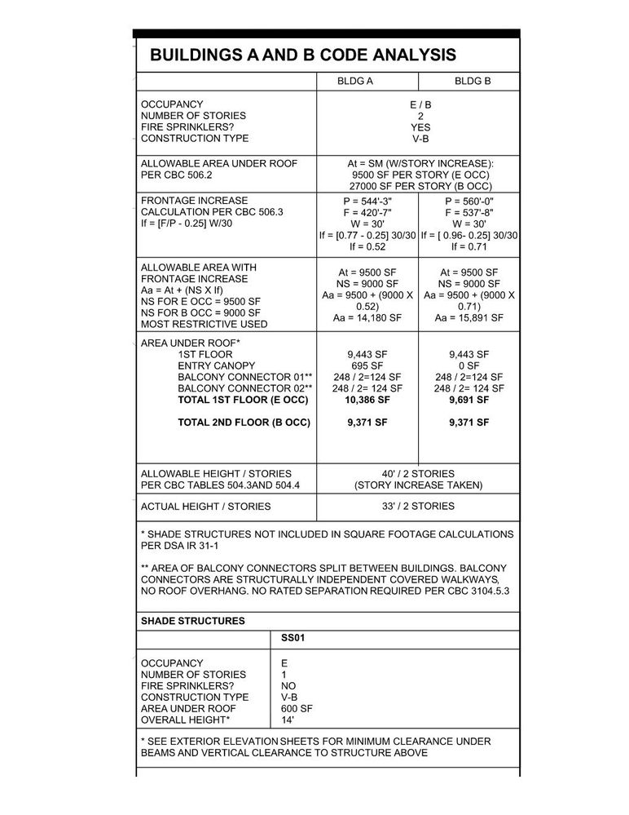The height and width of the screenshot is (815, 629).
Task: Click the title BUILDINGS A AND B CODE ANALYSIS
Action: point(303,55)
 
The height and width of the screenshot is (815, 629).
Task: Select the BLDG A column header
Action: point(355,82)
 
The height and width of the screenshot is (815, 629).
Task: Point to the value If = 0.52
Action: point(367,246)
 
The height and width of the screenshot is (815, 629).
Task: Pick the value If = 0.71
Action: point(468,246)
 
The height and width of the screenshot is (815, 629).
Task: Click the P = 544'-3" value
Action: point(367,201)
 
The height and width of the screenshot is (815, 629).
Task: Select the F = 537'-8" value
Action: point(468,212)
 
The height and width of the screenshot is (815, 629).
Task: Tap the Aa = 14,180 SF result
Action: point(367,318)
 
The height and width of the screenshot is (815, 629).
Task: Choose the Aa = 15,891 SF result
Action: point(468,318)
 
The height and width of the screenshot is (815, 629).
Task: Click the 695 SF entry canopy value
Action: point(367,365)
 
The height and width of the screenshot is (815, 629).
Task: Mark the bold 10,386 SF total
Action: point(367,400)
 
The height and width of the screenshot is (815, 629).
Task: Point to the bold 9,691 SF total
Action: point(468,400)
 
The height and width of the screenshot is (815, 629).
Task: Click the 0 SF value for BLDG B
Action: point(468,365)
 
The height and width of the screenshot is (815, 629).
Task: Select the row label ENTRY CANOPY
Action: point(216,365)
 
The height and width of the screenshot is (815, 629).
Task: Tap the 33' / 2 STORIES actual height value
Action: point(419,506)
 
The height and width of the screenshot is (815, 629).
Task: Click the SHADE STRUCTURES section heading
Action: point(193,621)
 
